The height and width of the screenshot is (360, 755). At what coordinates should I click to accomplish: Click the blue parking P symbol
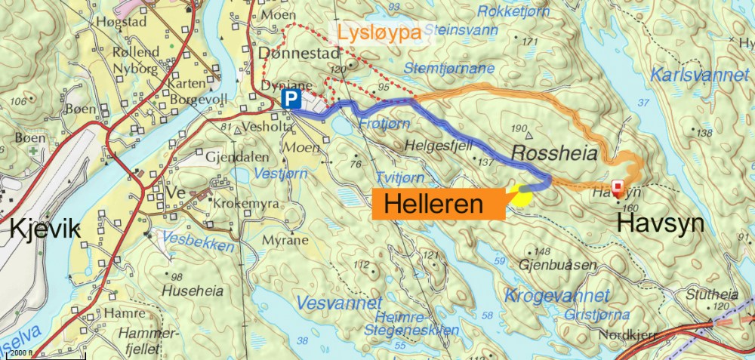291,99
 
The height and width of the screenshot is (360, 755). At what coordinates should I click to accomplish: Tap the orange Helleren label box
439,203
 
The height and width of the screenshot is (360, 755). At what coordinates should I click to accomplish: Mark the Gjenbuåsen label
558,266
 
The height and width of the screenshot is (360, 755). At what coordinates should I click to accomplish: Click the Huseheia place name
183,290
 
